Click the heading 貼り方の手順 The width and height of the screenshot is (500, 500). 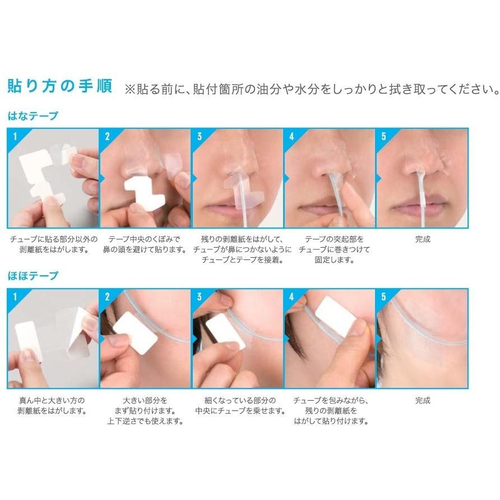coord(59,86)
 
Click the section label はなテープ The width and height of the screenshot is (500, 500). coord(33,116)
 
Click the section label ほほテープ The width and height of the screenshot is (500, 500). coord(33,276)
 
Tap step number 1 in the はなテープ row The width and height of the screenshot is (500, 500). coord(15,136)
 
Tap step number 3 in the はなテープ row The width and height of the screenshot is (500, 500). coord(200,136)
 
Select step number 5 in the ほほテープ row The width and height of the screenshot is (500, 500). coord(383,297)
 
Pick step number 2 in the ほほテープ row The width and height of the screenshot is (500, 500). coord(107,297)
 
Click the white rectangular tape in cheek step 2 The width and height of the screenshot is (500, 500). coord(135,332)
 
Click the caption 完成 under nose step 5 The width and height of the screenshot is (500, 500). coord(423,239)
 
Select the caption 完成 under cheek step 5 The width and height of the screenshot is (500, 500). coord(423,400)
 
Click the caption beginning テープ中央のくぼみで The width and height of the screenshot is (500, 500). coord(145,244)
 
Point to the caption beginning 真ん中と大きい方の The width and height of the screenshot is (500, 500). coord(52,405)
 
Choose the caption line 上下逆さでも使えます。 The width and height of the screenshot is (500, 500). coord(145,421)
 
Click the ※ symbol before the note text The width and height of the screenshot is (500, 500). coord(130,90)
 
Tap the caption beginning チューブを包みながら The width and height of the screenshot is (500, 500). coord(331,411)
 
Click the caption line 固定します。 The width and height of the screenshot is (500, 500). coord(335,260)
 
